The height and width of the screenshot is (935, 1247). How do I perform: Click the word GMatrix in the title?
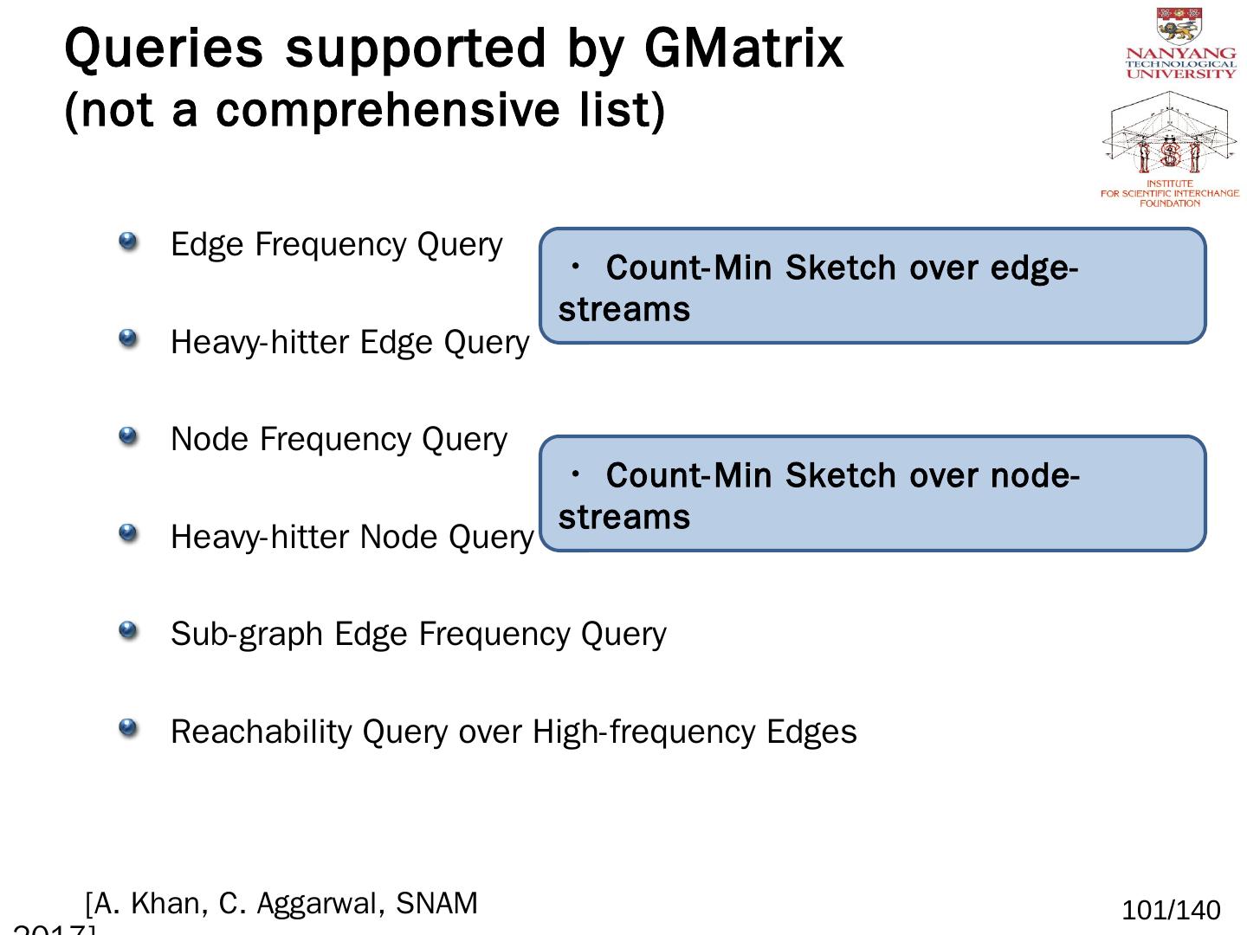click(743, 48)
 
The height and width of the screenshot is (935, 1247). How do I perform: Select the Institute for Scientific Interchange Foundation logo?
click(1170, 149)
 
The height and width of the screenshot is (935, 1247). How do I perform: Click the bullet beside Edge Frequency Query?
click(128, 242)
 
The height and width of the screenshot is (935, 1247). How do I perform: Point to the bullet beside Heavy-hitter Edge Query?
click(128, 339)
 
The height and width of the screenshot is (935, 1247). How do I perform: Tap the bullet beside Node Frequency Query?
click(128, 436)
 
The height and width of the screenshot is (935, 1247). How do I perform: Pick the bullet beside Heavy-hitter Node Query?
click(128, 533)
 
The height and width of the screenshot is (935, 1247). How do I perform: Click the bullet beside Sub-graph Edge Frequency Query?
click(128, 631)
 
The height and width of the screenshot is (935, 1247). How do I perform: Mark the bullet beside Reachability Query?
click(128, 728)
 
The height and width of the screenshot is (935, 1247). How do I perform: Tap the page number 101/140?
click(1171, 911)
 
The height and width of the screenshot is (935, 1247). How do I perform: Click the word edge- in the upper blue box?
click(1034, 269)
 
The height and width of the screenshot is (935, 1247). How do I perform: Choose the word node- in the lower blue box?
click(1035, 476)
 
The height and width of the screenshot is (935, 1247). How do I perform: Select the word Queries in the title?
click(164, 48)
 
